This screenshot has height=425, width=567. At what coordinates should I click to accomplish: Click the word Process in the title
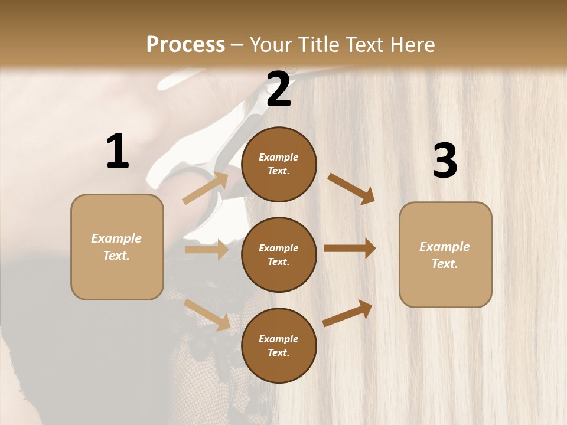185,44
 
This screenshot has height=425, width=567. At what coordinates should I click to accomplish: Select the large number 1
118,151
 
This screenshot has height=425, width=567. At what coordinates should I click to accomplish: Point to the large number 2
279,89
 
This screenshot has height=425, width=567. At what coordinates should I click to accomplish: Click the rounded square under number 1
117,247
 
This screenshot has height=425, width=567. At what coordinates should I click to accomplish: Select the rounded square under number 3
445,254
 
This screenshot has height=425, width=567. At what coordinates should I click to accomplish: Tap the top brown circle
279,164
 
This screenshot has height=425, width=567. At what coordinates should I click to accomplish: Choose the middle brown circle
279,254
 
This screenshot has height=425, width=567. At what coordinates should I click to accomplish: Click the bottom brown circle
279,345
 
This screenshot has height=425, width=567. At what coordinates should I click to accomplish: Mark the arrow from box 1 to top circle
206,188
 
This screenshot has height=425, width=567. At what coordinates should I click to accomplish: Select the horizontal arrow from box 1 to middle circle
207,250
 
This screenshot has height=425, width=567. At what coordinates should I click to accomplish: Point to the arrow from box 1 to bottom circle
207,314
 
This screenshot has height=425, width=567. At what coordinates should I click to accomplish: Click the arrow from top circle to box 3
351,188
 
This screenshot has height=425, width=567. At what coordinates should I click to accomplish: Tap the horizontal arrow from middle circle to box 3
350,249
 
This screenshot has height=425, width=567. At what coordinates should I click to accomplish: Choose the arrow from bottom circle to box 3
347,313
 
